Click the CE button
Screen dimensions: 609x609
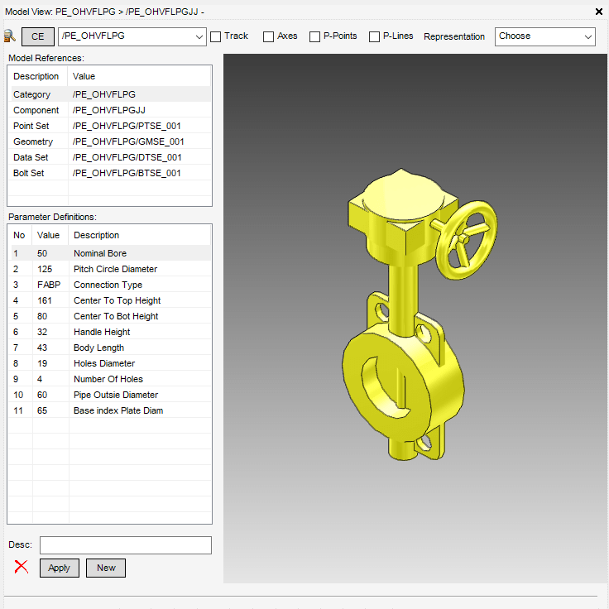pyautogui.click(x=38, y=36)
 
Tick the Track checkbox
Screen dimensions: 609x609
pyautogui.click(x=216, y=36)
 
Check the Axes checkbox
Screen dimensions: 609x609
pyautogui.click(x=268, y=36)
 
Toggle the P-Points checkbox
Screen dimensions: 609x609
pyautogui.click(x=314, y=36)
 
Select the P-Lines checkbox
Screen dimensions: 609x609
pyautogui.click(x=374, y=36)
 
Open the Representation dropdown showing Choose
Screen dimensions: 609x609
pyautogui.click(x=545, y=36)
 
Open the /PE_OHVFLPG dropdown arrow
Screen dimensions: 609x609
pyautogui.click(x=199, y=37)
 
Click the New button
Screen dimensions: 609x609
pyautogui.click(x=106, y=568)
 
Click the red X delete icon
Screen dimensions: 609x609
pyautogui.click(x=22, y=567)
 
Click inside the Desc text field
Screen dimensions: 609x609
pyautogui.click(x=126, y=545)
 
